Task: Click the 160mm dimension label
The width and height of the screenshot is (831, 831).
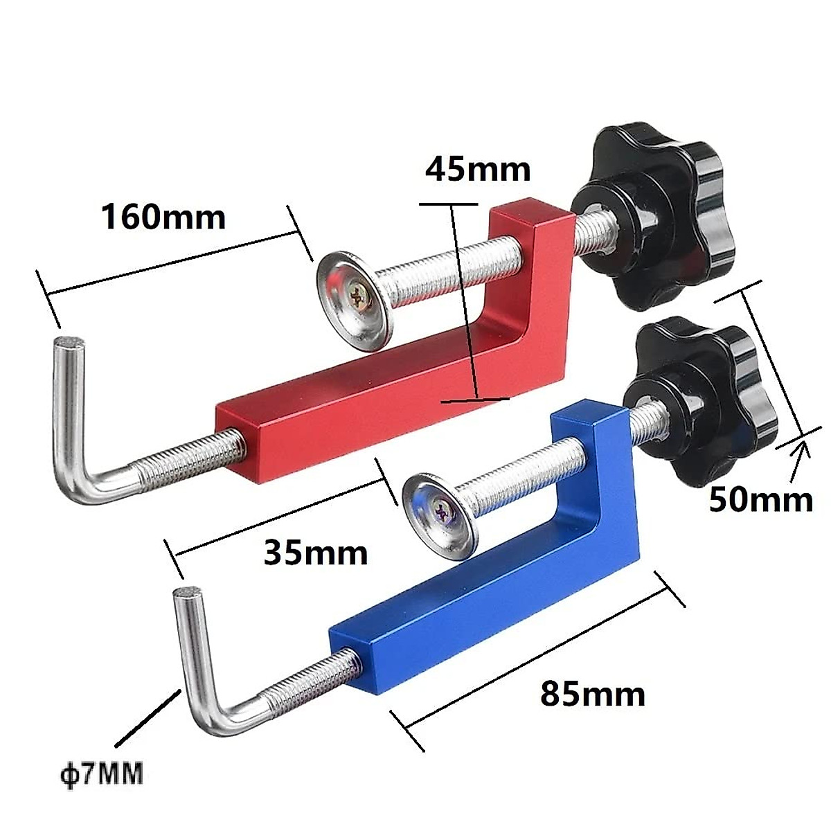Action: click(163, 217)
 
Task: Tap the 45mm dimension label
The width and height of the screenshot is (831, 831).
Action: click(478, 169)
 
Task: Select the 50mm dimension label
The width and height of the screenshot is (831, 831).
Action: click(760, 499)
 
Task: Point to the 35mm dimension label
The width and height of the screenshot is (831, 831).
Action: click(315, 553)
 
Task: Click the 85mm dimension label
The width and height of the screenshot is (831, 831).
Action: click(592, 693)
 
